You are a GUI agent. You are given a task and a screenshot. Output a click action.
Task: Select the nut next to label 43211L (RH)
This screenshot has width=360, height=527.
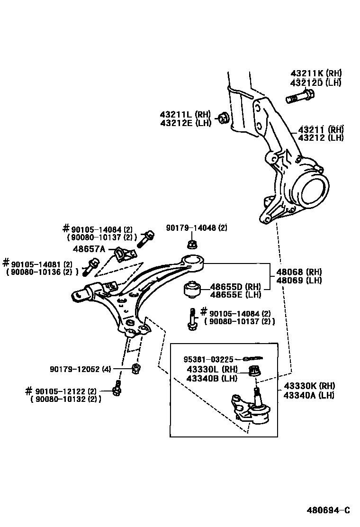click(x=224, y=118)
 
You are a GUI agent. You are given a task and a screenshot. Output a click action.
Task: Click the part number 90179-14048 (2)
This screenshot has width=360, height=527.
click(x=197, y=228)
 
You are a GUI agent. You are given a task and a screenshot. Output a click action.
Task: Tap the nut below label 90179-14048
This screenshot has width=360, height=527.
click(x=192, y=245)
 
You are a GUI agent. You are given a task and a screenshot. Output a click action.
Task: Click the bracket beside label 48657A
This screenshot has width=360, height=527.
click(x=123, y=255)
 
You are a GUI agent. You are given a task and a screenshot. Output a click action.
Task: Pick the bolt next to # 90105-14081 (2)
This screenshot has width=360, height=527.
click(x=90, y=266)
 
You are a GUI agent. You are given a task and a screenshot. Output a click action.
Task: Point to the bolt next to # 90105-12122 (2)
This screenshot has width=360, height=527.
click(x=117, y=388)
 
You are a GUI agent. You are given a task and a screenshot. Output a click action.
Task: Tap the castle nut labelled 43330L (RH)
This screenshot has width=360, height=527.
click(x=255, y=370)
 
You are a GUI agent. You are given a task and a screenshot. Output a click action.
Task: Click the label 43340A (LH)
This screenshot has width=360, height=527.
click(x=309, y=395)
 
